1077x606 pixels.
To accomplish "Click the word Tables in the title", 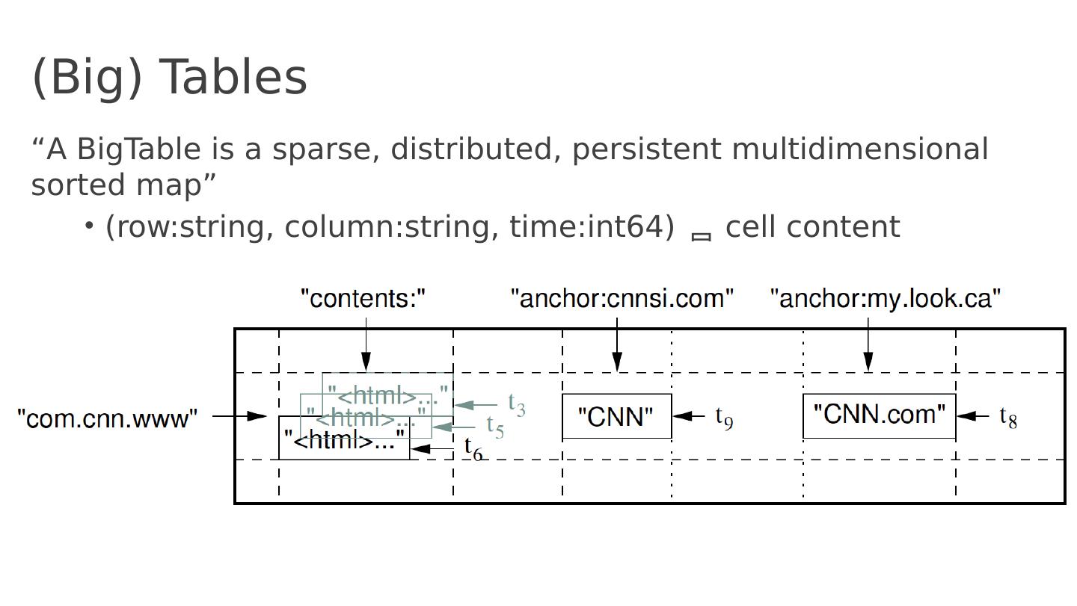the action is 233,77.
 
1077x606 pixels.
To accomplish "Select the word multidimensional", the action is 860,149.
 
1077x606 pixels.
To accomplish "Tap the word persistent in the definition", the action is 647,149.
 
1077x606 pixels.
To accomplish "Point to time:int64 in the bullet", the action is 592,226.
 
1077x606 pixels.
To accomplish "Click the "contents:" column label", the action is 363,299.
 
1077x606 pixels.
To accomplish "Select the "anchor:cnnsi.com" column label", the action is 622,299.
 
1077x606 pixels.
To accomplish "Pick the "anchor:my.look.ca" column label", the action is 886,299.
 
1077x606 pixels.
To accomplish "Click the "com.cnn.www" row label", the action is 107,419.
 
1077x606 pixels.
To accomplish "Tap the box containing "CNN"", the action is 616,416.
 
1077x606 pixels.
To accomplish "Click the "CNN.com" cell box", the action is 879,415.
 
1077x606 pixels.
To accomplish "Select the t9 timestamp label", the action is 724,417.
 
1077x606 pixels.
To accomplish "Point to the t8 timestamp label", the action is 1008,417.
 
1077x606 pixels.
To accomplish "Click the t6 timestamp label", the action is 473,448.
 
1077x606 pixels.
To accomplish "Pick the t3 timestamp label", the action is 517,404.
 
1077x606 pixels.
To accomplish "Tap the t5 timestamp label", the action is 495,427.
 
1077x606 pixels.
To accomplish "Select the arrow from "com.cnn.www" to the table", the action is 239,415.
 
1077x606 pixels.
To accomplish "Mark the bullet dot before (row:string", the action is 89,225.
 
